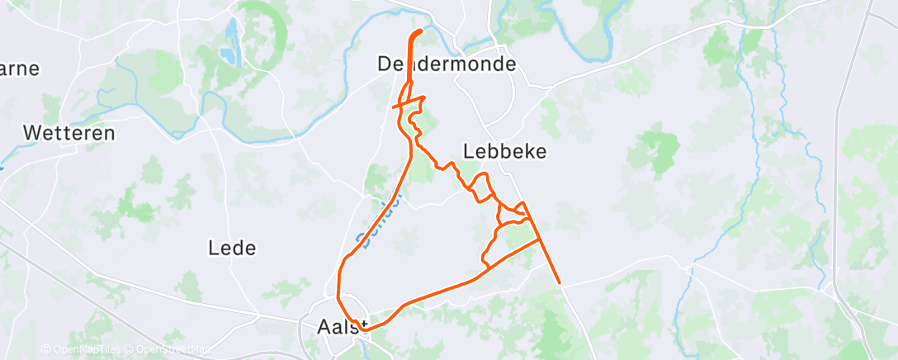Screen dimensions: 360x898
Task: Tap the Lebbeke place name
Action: pyautogui.click(x=506, y=152)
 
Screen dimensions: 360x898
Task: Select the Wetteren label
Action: pyautogui.click(x=69, y=133)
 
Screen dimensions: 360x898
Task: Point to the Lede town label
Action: pyautogui.click(x=232, y=248)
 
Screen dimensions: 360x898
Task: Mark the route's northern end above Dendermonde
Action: pyautogui.click(x=420, y=31)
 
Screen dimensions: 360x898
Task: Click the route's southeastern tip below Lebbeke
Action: pyautogui.click(x=560, y=282)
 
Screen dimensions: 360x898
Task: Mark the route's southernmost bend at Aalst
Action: pyautogui.click(x=363, y=329)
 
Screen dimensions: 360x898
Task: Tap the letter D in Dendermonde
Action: pyautogui.click(x=385, y=64)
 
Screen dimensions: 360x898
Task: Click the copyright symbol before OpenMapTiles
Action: pyautogui.click(x=45, y=350)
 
